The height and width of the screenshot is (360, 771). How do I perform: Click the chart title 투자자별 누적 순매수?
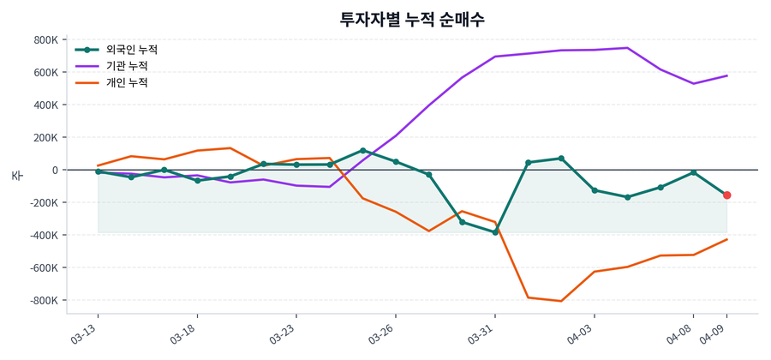[x=412, y=19]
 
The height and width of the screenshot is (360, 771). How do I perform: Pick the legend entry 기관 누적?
[x=127, y=66]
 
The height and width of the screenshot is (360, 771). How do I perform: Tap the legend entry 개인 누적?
[x=127, y=83]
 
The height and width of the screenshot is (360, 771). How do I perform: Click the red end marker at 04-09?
[x=726, y=195]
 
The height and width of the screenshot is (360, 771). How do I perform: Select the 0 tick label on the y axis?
[x=53, y=171]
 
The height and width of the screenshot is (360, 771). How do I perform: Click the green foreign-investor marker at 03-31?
[x=495, y=232]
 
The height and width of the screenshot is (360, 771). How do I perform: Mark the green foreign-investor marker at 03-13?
[x=99, y=171]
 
